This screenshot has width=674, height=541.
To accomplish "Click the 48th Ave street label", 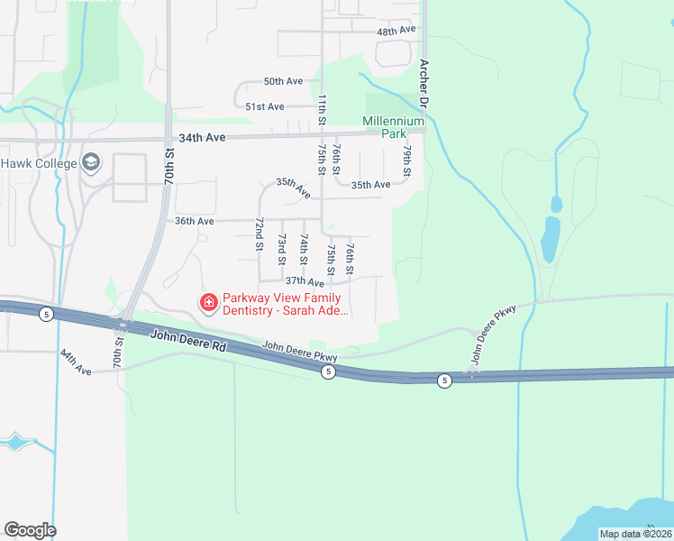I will [x=396, y=31].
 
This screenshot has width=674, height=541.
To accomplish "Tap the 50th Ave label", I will [x=283, y=81].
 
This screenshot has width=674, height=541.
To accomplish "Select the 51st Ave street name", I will [x=265, y=106].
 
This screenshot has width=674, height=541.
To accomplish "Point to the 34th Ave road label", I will [x=200, y=138].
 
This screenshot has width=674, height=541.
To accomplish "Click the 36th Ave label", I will [x=194, y=221].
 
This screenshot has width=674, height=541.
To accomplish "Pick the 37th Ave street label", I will [x=304, y=282].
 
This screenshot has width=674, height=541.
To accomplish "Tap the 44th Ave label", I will [x=76, y=363].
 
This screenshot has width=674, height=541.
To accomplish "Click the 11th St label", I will [x=321, y=107].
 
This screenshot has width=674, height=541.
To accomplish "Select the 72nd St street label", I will [x=259, y=234].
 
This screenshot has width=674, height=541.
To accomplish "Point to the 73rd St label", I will [x=281, y=249].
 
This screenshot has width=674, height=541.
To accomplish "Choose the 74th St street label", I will [x=304, y=249].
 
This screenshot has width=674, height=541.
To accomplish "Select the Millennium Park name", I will [x=393, y=126].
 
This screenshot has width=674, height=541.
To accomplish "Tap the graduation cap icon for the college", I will [x=91, y=163].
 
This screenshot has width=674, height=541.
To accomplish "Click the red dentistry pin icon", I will [x=208, y=302].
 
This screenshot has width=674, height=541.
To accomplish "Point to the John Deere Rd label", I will [x=189, y=340].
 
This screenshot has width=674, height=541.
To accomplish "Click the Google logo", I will [x=31, y=529].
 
